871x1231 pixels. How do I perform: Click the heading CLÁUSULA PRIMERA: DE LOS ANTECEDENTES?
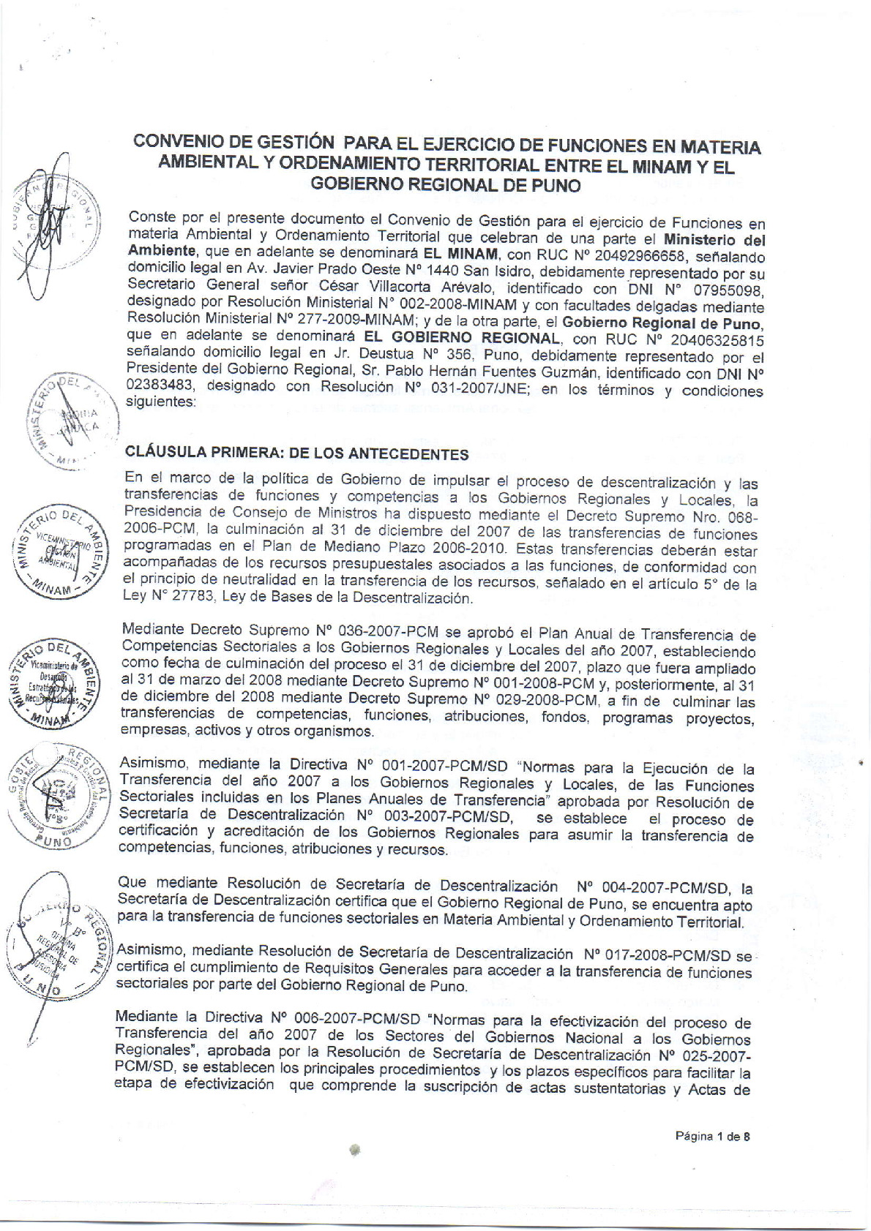297,453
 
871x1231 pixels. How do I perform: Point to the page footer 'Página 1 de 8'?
714,1136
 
